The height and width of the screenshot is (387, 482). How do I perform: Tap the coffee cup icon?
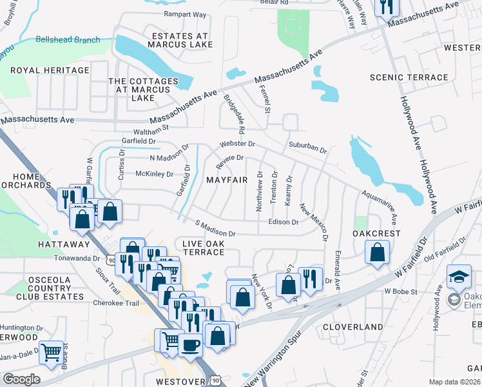(190, 344)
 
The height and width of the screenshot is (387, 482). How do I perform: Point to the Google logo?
(21, 379)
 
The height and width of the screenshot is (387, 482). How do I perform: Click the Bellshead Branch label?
(68, 40)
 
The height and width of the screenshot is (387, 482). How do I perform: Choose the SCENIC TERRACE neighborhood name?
(409, 77)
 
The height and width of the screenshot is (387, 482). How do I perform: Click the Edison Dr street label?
(284, 222)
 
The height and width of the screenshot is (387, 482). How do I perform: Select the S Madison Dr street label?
(216, 228)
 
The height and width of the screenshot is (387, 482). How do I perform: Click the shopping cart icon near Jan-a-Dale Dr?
(51, 352)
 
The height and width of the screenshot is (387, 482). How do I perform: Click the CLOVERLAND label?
(352, 327)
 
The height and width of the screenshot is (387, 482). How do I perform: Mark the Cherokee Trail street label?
(116, 303)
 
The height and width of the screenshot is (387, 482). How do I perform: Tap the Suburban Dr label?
(307, 148)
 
